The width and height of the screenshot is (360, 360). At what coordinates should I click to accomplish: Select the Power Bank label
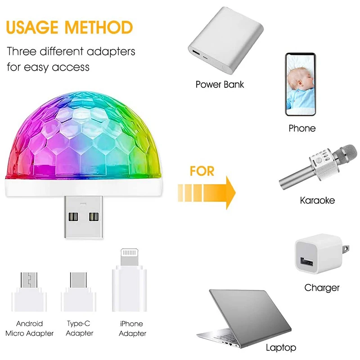[x=220, y=84]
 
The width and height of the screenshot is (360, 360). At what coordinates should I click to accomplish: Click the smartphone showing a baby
[x=300, y=85]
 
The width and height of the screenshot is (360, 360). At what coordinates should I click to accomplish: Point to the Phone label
[x=302, y=129]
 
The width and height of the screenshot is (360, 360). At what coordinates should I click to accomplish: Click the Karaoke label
[x=317, y=200]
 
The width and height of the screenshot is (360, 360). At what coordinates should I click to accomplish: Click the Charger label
[x=322, y=288]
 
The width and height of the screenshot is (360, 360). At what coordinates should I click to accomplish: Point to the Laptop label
[x=281, y=347]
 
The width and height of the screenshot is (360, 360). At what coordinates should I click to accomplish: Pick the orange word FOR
[x=202, y=171]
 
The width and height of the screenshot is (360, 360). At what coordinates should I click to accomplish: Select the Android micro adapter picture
[x=29, y=292]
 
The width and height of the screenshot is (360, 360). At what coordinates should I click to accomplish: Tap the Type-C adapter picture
[x=79, y=292]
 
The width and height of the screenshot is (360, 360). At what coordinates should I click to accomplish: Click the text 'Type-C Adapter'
[x=79, y=328]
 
